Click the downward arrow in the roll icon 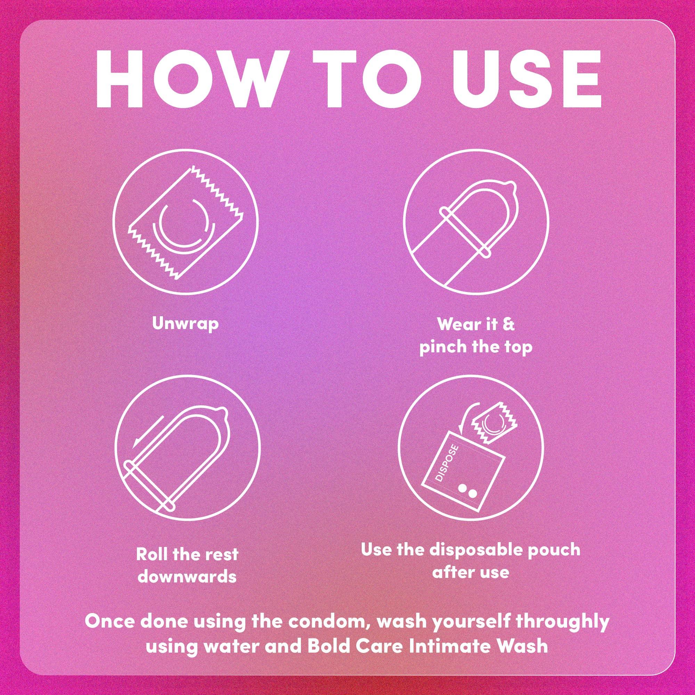147,438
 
